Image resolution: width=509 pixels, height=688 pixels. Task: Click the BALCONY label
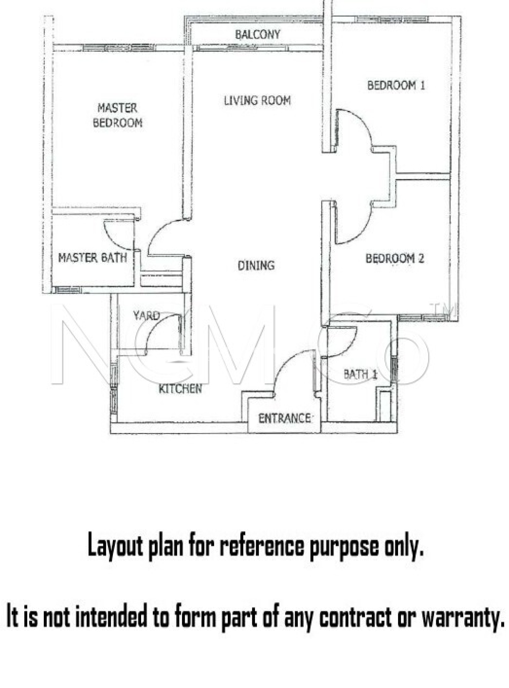257,34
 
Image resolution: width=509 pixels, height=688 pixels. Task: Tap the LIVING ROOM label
257,100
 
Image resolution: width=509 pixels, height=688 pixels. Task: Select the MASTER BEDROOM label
118,115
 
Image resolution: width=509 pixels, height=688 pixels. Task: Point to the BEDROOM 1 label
396,85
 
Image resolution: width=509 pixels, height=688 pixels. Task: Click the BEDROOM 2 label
395,258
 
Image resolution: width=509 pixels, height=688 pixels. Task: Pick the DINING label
256,265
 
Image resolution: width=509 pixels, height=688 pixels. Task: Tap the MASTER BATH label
92,258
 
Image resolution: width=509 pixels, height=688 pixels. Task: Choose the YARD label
146,315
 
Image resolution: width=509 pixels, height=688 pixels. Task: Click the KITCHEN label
180,389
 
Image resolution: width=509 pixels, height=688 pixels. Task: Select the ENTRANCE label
284,418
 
